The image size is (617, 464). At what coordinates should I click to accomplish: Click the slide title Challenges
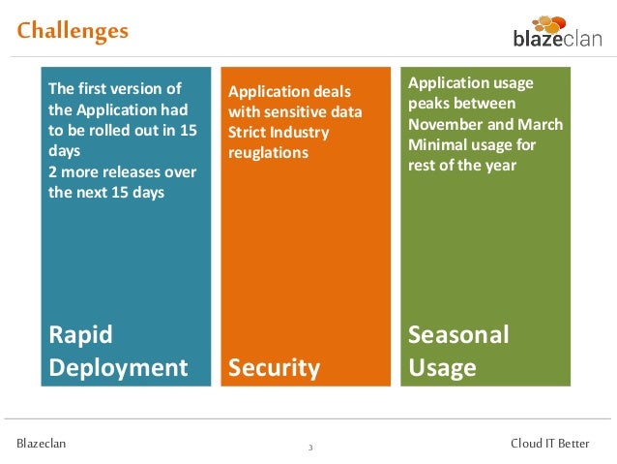(73, 31)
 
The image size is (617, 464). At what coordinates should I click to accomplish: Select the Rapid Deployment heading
(118, 351)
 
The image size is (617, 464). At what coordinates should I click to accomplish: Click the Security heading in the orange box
(274, 367)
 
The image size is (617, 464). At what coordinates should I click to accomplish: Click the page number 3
(309, 448)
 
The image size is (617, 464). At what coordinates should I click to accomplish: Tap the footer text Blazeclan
(41, 444)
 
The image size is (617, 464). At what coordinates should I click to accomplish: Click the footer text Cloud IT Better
(549, 444)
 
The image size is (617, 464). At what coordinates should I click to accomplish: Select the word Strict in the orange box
(247, 132)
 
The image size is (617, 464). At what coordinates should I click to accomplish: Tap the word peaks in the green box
(427, 104)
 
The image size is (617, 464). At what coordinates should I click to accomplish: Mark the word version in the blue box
(141, 90)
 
